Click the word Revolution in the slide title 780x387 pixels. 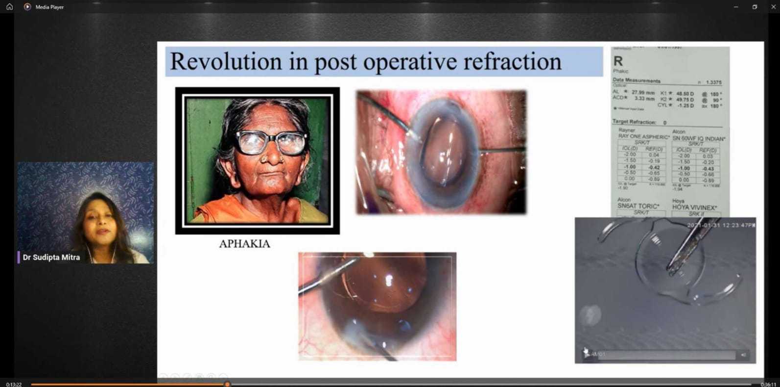(x=226, y=62)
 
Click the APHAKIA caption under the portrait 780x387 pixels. (x=244, y=244)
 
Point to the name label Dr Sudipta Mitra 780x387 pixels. (x=51, y=258)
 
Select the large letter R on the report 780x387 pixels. (x=618, y=61)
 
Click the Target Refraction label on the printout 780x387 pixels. (x=634, y=122)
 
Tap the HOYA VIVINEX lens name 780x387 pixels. (x=694, y=207)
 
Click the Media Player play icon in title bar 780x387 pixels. (x=27, y=7)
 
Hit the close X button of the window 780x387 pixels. (x=773, y=7)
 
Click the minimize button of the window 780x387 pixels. (x=736, y=7)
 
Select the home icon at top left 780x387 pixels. (x=9, y=7)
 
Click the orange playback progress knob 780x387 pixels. (x=227, y=384)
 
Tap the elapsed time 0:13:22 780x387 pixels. (x=14, y=385)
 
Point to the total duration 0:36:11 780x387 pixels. (x=768, y=385)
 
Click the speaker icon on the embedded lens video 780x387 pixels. (x=743, y=355)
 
